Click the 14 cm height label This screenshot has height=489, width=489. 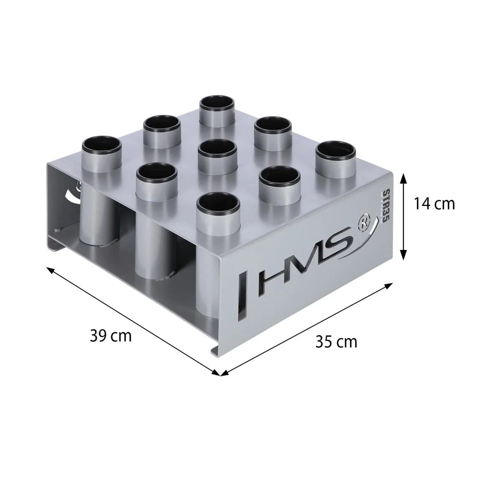[434, 204]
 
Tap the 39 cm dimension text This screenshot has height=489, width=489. [111, 336]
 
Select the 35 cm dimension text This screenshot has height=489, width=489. [336, 342]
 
